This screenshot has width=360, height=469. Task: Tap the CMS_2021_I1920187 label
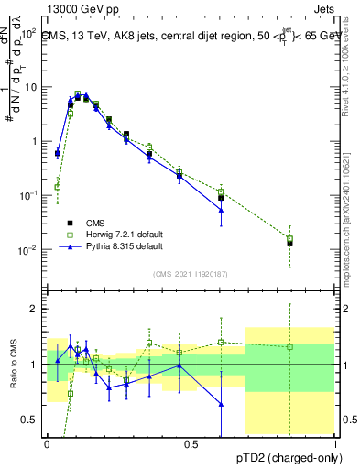[x=191, y=273]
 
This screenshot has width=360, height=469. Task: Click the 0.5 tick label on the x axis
[x=191, y=443]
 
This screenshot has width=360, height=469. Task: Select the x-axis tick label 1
[x=335, y=443]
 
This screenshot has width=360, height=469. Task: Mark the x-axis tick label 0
[x=47, y=443]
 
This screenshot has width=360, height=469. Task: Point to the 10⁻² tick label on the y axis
[x=29, y=249]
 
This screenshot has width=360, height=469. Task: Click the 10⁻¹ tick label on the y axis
[x=29, y=195]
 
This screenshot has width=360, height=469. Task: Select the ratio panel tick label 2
[x=37, y=309]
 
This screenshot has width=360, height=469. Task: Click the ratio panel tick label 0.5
[x=32, y=420]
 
